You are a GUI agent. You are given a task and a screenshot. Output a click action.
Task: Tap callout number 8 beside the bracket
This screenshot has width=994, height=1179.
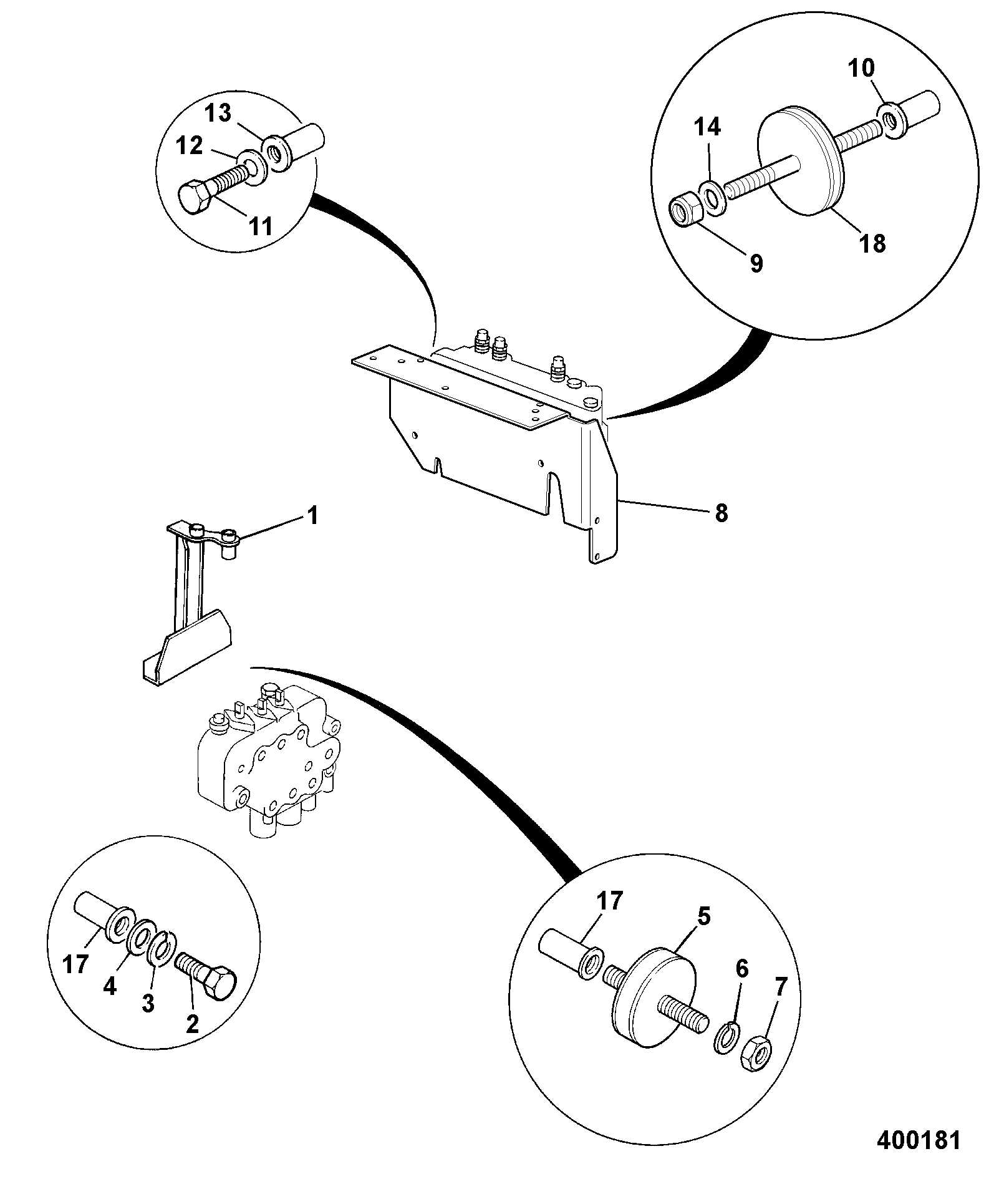[721, 514]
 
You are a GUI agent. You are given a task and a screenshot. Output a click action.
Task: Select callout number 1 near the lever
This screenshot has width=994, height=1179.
[313, 516]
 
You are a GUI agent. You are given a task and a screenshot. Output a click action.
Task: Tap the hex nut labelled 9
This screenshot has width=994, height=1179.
[687, 213]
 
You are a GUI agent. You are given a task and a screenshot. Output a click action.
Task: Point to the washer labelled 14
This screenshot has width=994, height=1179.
[712, 197]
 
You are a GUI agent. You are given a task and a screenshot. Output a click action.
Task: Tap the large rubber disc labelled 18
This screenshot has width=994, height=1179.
[800, 162]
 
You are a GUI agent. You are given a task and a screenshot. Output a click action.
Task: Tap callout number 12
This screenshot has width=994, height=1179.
[189, 146]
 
